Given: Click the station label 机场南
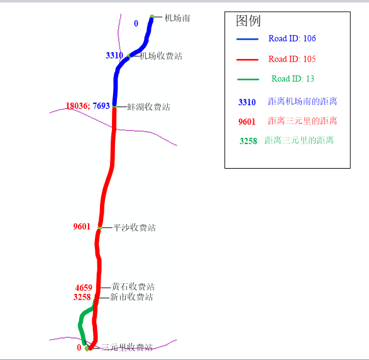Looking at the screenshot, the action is (177, 18).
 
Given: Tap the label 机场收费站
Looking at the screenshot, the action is (161, 56).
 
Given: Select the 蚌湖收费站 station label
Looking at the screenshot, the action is (148, 107).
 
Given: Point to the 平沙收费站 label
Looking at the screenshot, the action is (135, 228).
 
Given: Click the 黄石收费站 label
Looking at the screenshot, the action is (133, 287).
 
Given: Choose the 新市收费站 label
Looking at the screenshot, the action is (131, 297).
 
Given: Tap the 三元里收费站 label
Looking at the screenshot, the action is (127, 347).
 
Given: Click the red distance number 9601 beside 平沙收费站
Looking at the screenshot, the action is (82, 227).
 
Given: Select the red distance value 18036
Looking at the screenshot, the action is (77, 106).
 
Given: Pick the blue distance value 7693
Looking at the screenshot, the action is (101, 106).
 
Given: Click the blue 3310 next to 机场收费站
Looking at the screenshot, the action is (114, 55).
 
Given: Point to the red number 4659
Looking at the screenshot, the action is (84, 288).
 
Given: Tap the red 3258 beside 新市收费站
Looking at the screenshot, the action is (82, 297).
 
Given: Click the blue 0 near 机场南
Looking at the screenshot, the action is (136, 23).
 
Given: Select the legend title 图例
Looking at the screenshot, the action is (248, 21).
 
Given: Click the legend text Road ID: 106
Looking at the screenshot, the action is (292, 38).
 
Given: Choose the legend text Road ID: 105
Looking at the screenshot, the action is (292, 59).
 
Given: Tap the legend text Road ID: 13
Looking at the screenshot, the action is (293, 79).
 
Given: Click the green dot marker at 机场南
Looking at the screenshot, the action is (152, 17).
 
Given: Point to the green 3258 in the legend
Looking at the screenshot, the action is (248, 141).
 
